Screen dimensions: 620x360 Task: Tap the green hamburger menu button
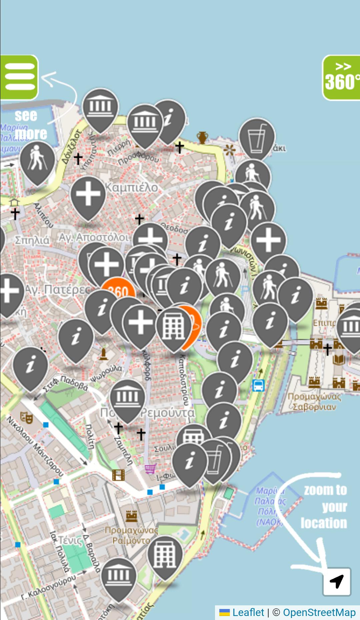click(19, 77)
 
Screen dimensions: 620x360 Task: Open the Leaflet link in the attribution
click(248, 612)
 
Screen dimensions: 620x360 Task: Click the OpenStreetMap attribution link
click(319, 612)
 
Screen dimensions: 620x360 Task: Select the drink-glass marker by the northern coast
click(257, 137)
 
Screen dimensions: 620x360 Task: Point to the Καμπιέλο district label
click(131, 188)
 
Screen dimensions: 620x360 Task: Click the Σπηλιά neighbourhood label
click(32, 240)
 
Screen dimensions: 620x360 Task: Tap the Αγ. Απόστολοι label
click(94, 237)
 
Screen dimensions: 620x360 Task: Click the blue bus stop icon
click(258, 386)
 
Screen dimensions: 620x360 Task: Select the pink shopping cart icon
click(151, 468)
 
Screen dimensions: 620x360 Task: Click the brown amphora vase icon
click(202, 137)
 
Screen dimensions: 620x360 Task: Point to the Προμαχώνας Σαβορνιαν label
click(314, 402)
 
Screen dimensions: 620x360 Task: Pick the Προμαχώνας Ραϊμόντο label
click(131, 535)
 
